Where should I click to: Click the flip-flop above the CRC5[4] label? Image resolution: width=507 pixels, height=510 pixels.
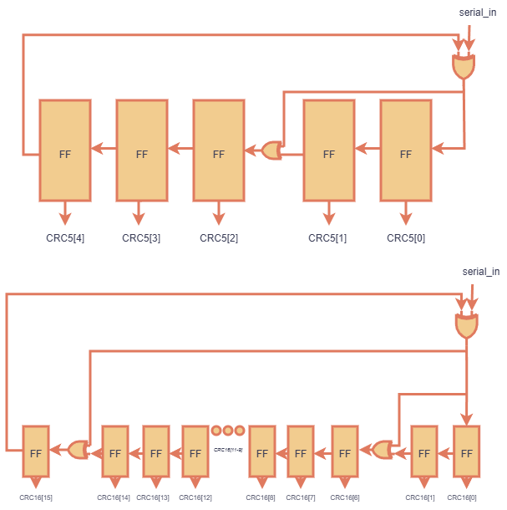(65, 151)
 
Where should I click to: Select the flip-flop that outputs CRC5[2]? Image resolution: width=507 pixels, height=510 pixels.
(219, 151)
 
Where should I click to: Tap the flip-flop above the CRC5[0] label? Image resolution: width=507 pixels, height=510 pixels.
(406, 151)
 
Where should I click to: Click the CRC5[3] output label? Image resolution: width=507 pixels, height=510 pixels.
(141, 238)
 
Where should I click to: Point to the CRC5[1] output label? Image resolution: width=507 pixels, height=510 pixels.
(327, 238)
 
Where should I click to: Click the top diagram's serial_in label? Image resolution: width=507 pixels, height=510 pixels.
(479, 13)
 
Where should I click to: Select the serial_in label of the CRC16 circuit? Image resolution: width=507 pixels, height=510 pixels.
(480, 272)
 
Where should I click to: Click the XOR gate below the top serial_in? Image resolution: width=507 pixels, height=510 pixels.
(463, 67)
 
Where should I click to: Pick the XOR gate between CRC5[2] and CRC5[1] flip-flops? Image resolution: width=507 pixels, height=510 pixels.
(271, 150)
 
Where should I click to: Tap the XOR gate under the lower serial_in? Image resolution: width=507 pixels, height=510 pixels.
(465, 326)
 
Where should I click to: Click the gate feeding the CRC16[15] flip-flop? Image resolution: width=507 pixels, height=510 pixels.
(78, 450)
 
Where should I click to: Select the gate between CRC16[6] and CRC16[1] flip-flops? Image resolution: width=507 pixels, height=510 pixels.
(383, 450)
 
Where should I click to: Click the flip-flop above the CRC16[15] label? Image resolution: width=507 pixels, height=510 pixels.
(36, 451)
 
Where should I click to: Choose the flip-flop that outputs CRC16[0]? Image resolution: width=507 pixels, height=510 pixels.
(466, 451)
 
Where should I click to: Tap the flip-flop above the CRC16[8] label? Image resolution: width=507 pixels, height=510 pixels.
(261, 451)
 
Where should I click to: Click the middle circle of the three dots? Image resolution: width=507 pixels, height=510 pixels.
(228, 431)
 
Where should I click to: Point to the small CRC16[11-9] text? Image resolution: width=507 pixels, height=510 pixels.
(228, 450)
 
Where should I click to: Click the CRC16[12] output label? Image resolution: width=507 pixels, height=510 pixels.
(195, 498)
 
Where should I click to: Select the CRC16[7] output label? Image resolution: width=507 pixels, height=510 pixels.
(300, 498)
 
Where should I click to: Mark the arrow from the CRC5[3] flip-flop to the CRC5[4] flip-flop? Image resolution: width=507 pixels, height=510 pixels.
(103, 149)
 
